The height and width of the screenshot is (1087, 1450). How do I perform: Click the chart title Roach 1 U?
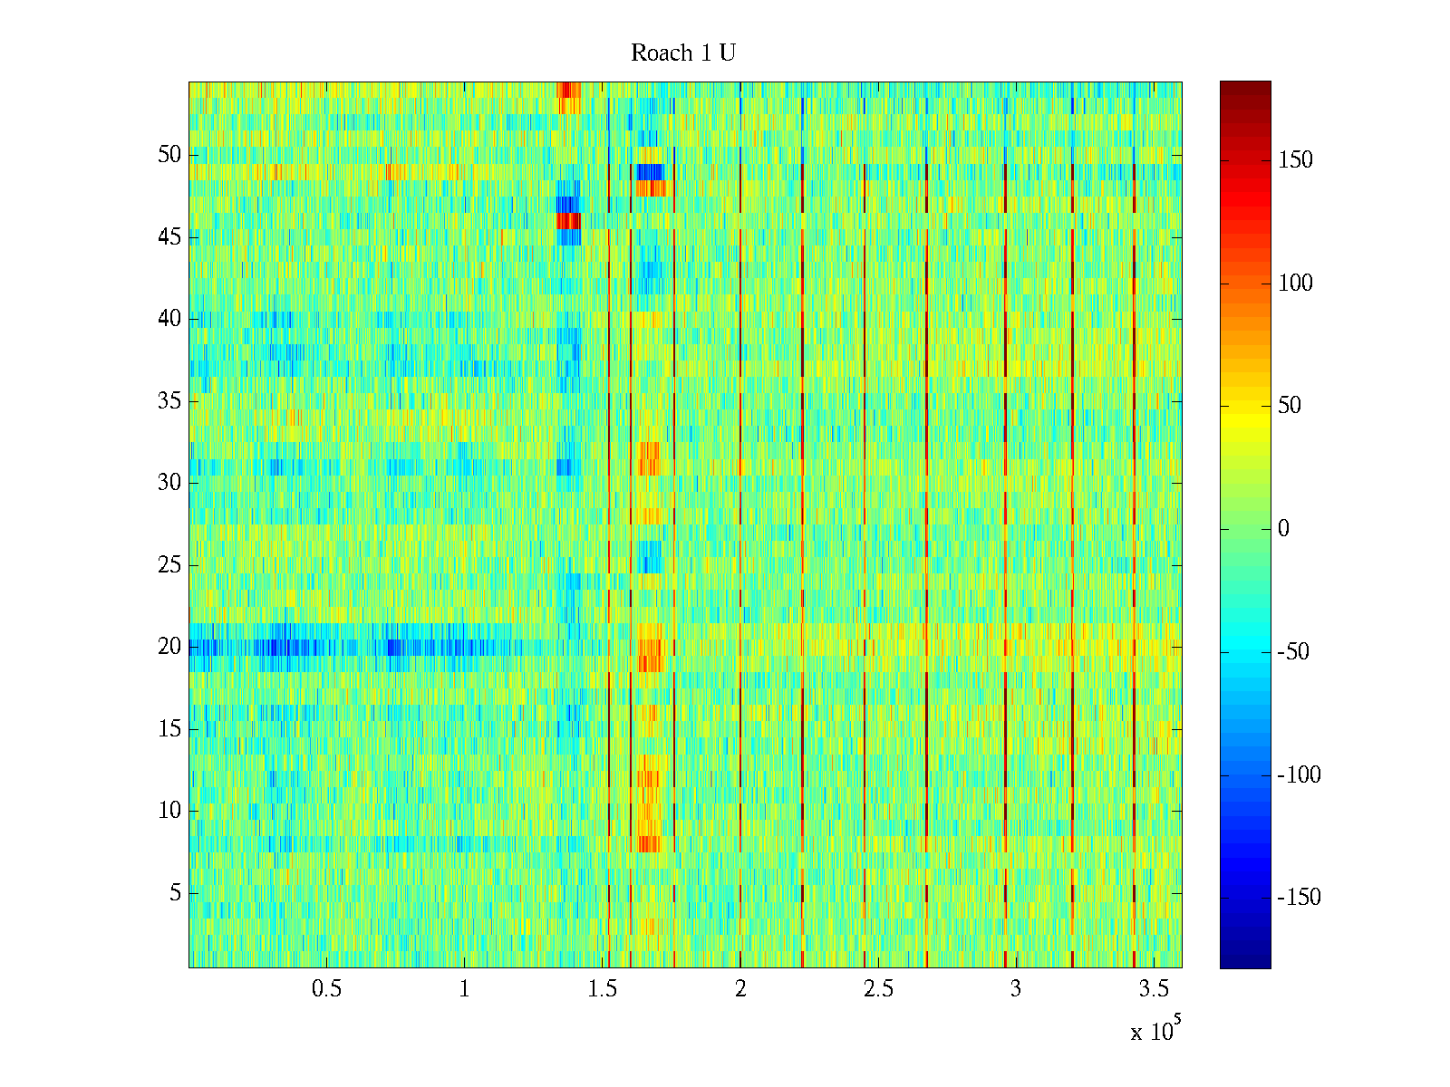682,53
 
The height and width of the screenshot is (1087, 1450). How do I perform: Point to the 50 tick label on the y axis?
169,155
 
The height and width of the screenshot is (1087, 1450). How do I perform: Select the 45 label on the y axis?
169,237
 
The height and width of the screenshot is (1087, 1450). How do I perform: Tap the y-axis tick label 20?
169,647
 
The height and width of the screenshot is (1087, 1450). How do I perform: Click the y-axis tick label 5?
175,893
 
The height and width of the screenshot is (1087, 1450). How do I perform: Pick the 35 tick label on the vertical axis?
169,401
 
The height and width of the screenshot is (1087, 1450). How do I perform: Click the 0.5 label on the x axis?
326,989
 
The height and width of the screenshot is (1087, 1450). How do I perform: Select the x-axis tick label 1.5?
603,989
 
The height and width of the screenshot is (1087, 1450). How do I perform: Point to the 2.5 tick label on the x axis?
878,989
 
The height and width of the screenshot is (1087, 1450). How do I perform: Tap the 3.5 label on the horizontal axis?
1154,989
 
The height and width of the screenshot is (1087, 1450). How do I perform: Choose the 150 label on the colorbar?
1295,160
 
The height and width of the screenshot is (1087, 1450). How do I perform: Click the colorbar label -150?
1299,898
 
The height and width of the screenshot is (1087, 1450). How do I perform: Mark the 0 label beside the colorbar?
1283,529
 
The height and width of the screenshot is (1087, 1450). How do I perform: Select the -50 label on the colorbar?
1293,652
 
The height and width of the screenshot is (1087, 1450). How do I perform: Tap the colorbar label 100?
1295,284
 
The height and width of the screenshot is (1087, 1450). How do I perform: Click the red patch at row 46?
568,221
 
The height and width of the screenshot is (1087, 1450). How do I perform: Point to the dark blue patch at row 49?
650,172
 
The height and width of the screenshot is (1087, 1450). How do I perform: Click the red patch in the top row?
566,90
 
